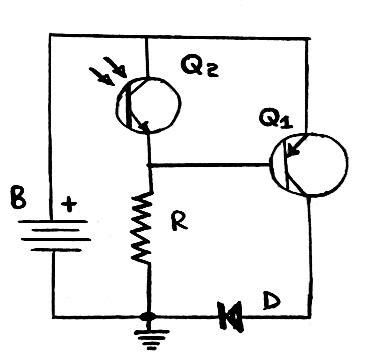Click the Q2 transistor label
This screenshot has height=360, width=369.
pyautogui.click(x=200, y=67)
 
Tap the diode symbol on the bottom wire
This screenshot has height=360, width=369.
pyautogui.click(x=232, y=316)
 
